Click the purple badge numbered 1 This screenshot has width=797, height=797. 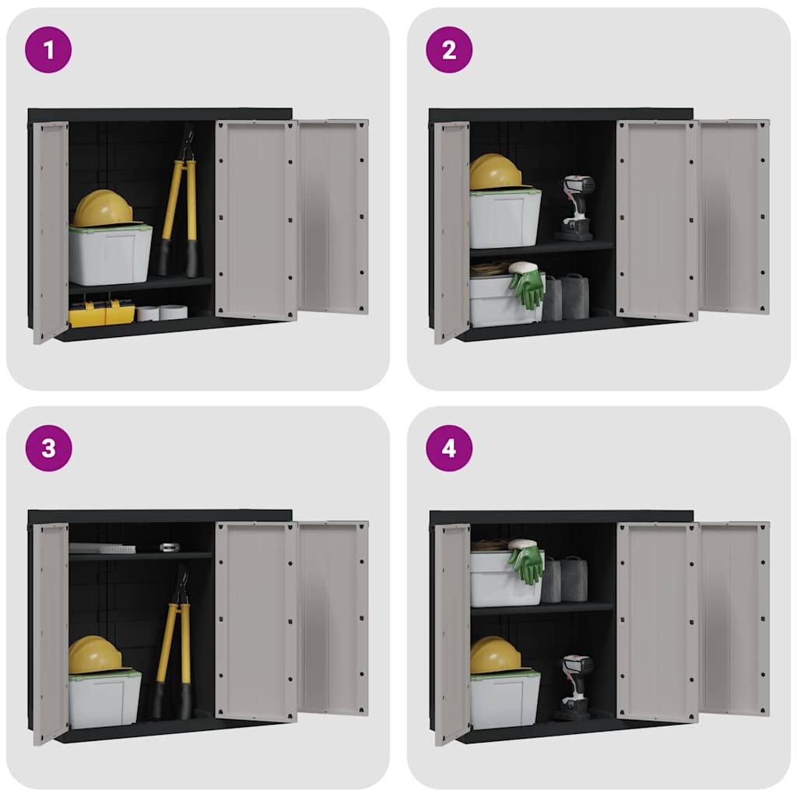click(x=48, y=50)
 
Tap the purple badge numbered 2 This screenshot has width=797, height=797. click(x=449, y=50)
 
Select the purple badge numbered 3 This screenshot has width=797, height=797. click(x=48, y=448)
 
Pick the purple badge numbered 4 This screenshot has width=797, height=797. click(x=449, y=448)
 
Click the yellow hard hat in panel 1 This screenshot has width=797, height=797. click(x=104, y=209)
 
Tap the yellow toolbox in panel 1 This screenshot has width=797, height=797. click(x=102, y=313)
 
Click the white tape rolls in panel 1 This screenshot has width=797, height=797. click(x=162, y=312)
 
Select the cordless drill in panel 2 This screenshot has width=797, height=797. click(x=576, y=207)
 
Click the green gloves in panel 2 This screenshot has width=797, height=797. click(x=527, y=288)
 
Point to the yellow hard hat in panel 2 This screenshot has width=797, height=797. click(x=495, y=172)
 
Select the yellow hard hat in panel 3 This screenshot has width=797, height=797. click(x=94, y=655)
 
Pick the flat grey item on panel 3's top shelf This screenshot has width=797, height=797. click(x=102, y=548)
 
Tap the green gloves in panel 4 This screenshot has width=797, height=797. click(x=527, y=565)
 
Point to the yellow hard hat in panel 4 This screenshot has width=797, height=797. click(x=496, y=655)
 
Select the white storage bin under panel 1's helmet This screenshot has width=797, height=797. click(x=111, y=255)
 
